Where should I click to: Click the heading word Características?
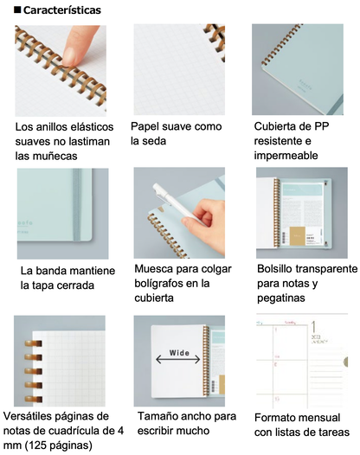pyautogui.click(x=62, y=10)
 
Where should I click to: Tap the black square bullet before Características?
pyautogui.click(x=17, y=10)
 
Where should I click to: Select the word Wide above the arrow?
pyautogui.click(x=179, y=353)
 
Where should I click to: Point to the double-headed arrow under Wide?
pyautogui.click(x=178, y=360)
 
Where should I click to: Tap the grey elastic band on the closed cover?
pyautogui.click(x=77, y=205)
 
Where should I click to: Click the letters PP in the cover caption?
pyautogui.click(x=322, y=126)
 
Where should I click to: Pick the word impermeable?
pyautogui.click(x=286, y=156)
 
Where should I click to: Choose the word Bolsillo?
pyautogui.click(x=274, y=269)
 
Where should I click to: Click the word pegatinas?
pyautogui.click(x=280, y=298)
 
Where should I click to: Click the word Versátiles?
pyautogui.click(x=28, y=416)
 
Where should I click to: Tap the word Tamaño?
pyautogui.click(x=156, y=416)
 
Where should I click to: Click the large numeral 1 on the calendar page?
pyautogui.click(x=314, y=327)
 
